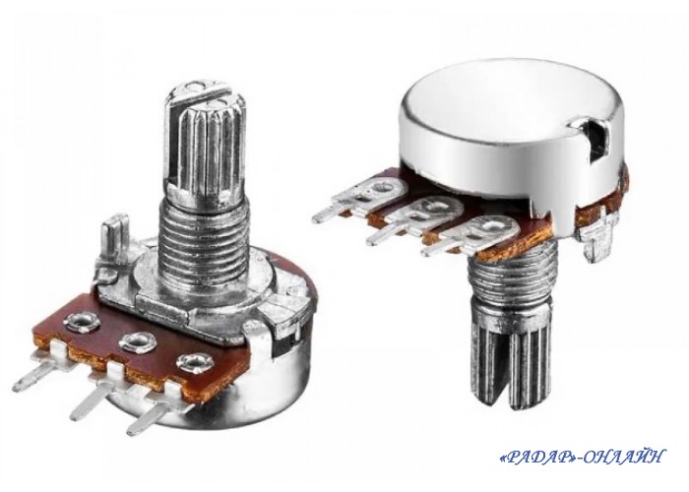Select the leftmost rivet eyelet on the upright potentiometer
coord(82,322)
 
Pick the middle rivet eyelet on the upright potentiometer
coord(138,341)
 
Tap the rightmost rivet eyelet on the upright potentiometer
coord(195,362)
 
